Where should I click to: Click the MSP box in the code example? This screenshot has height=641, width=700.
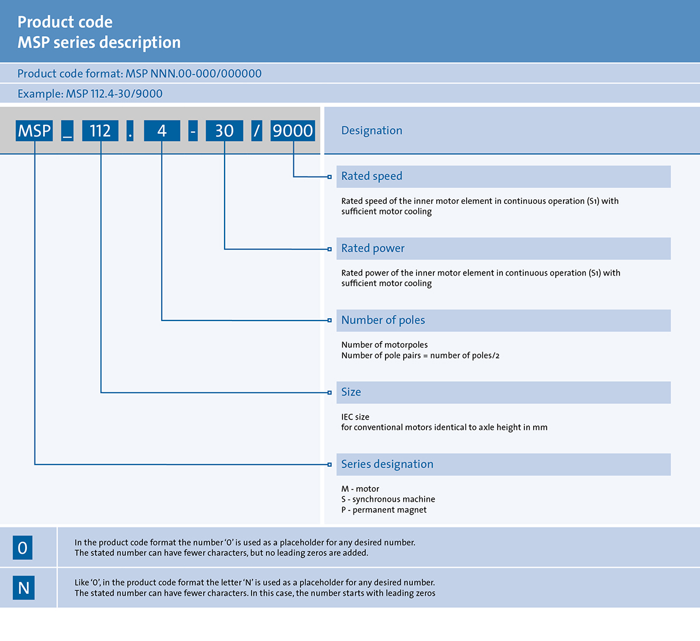pyautogui.click(x=34, y=131)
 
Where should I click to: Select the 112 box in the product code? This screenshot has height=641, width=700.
pyautogui.click(x=100, y=131)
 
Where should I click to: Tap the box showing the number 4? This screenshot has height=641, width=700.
pyautogui.click(x=162, y=131)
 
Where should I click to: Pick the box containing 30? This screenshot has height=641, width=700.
pyautogui.click(x=225, y=131)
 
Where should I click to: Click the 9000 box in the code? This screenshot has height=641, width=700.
pyautogui.click(x=293, y=131)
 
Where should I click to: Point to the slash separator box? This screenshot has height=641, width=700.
pyautogui.click(x=257, y=131)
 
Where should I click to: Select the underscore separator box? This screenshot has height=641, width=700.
pyautogui.click(x=67, y=131)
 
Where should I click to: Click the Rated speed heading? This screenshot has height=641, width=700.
pyautogui.click(x=372, y=176)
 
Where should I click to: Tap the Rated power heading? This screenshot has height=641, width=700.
pyautogui.click(x=373, y=248)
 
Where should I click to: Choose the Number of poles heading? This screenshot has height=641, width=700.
pyautogui.click(x=383, y=320)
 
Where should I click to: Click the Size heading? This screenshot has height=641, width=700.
pyautogui.click(x=351, y=392)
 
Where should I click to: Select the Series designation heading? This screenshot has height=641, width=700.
pyautogui.click(x=387, y=464)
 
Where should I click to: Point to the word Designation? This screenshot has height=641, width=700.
pyautogui.click(x=372, y=131)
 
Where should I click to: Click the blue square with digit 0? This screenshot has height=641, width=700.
pyautogui.click(x=23, y=548)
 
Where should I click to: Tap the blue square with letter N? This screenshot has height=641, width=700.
pyautogui.click(x=24, y=587)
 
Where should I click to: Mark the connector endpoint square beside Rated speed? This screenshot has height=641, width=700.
pyautogui.click(x=330, y=177)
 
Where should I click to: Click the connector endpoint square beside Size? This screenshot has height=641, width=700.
pyautogui.click(x=330, y=393)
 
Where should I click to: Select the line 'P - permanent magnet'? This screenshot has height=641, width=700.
pyautogui.click(x=384, y=510)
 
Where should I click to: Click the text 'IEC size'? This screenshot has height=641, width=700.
pyautogui.click(x=355, y=417)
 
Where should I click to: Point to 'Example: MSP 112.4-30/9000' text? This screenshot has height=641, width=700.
pyautogui.click(x=90, y=94)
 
